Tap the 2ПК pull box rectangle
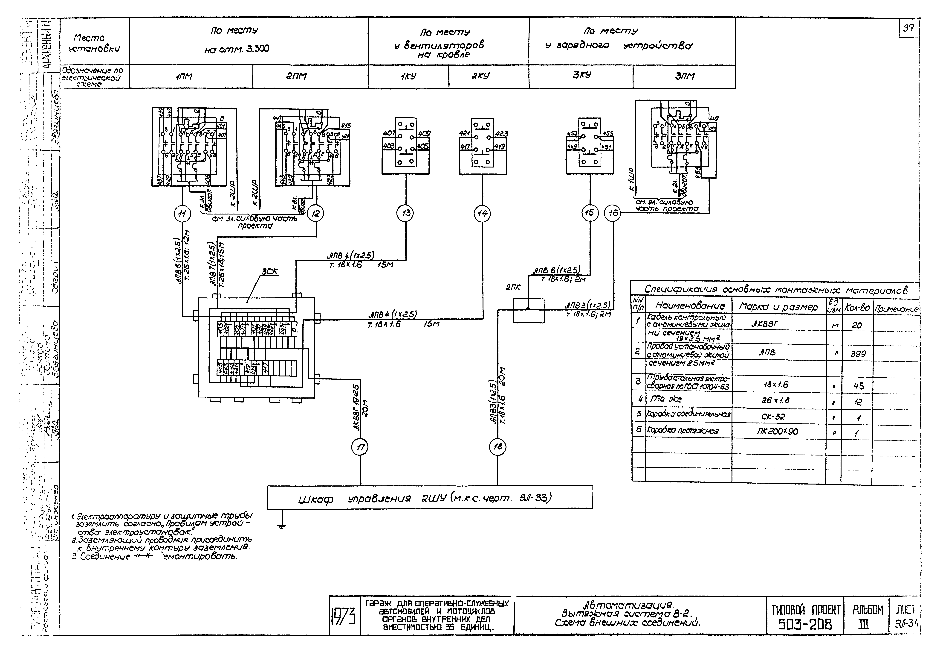point(528,311)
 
